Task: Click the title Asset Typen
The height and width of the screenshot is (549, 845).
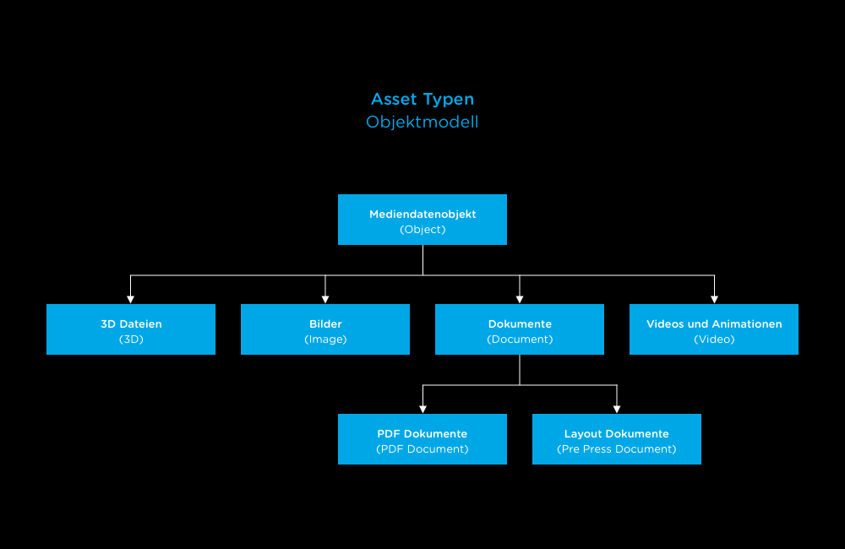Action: (x=422, y=100)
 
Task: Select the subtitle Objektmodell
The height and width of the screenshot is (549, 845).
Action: (x=422, y=122)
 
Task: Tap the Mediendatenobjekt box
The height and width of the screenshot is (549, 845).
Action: (x=422, y=220)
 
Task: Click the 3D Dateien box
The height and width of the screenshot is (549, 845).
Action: (x=131, y=329)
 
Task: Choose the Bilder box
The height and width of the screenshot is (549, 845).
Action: (x=325, y=329)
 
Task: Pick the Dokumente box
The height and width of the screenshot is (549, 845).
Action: (x=520, y=329)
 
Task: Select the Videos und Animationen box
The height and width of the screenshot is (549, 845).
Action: (x=714, y=329)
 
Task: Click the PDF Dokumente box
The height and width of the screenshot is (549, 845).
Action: (x=422, y=439)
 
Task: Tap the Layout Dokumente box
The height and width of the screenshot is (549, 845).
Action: (x=617, y=439)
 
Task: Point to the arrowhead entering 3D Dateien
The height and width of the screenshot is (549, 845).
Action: (x=131, y=299)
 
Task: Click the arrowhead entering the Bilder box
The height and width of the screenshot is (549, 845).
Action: (x=325, y=299)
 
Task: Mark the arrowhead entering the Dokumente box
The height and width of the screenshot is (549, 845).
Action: (x=520, y=299)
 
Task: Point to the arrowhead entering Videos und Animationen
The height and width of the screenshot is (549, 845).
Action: (x=714, y=299)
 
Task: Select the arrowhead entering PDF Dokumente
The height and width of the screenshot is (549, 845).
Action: (x=422, y=409)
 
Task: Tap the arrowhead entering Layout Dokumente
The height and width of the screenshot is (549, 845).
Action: (x=617, y=409)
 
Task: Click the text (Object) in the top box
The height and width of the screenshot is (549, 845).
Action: (x=422, y=230)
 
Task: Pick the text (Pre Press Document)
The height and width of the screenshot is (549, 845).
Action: (x=617, y=449)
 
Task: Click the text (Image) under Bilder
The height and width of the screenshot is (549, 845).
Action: (x=325, y=340)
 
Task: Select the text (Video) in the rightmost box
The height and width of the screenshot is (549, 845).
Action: (x=714, y=340)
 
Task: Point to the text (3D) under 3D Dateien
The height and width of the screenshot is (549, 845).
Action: (x=131, y=340)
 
